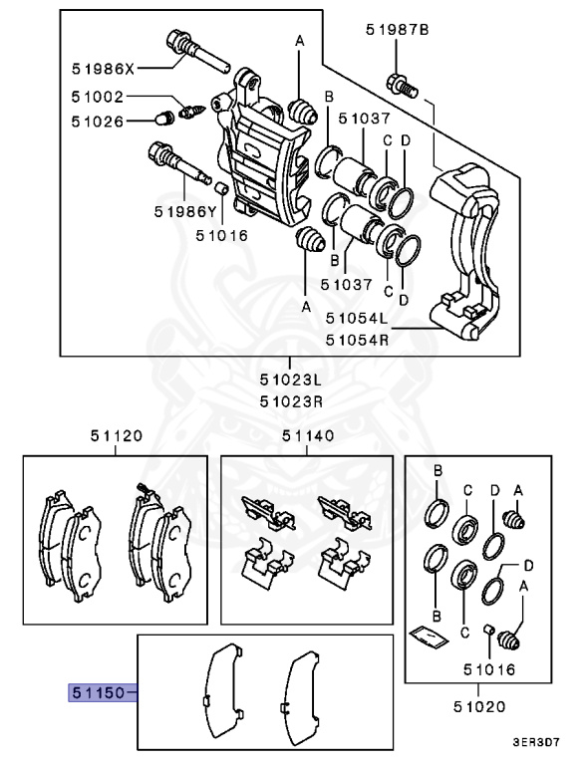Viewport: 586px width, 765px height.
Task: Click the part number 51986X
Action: point(103,69)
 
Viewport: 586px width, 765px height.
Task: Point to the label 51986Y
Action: point(185,211)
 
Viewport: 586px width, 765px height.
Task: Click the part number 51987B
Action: point(397,31)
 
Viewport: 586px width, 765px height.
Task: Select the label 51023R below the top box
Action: point(291,401)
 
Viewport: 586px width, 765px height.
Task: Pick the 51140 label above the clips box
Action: point(308,435)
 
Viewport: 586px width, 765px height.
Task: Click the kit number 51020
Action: point(477,706)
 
